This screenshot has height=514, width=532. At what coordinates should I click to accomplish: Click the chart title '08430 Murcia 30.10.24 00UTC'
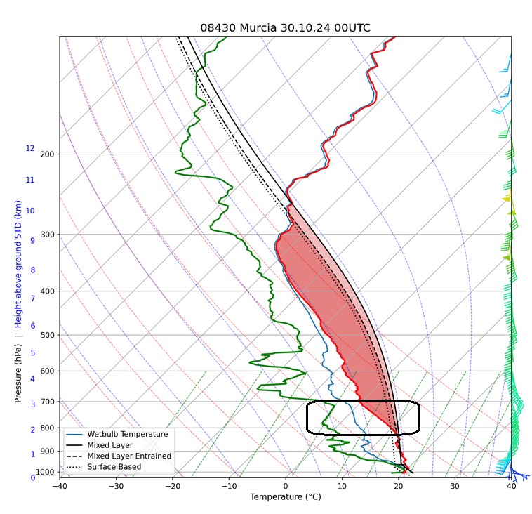click(285, 28)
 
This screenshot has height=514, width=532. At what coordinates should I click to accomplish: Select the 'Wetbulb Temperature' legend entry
click(127, 434)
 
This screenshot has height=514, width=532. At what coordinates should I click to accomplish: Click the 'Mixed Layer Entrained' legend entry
click(129, 456)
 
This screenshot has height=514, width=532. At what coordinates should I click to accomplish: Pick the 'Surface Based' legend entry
click(114, 467)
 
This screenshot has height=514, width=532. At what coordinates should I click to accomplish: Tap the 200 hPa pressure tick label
click(47, 154)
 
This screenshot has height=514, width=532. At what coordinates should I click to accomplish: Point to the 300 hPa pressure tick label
click(47, 235)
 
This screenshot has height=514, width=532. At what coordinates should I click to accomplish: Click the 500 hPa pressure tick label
click(47, 335)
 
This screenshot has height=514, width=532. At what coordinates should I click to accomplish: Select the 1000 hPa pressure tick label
click(45, 473)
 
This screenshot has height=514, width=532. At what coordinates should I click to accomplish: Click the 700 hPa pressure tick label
click(47, 402)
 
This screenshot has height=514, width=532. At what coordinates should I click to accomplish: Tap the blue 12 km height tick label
click(30, 149)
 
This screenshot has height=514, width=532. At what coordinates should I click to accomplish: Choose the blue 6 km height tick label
click(32, 326)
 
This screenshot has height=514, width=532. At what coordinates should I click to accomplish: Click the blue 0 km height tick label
click(32, 477)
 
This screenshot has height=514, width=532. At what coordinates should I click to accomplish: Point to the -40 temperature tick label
click(60, 486)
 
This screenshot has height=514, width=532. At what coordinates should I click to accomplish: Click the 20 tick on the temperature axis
click(398, 486)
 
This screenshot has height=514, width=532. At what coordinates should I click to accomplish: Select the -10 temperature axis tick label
click(229, 486)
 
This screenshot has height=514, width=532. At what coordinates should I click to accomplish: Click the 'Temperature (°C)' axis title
click(285, 497)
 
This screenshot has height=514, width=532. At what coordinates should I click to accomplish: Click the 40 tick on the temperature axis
click(511, 486)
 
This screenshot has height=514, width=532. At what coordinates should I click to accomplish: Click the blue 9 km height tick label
click(32, 241)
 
